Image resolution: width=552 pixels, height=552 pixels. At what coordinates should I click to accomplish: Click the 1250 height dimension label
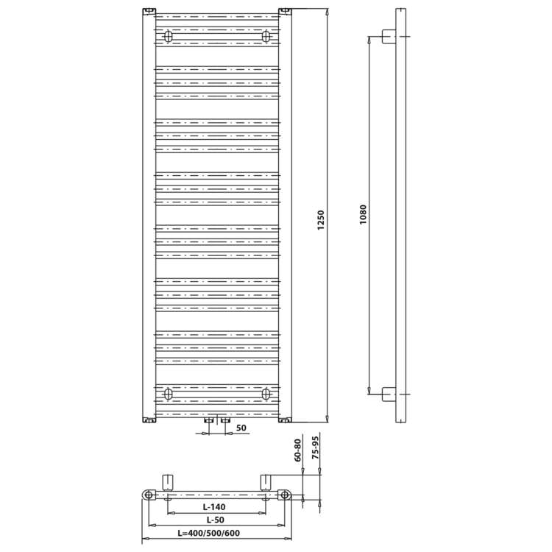[321, 220]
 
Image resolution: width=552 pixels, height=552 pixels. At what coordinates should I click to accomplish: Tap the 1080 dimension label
[363, 215]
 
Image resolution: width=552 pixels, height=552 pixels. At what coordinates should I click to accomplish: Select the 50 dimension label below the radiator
[241, 428]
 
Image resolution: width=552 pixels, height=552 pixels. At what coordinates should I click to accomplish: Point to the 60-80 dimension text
[298, 450]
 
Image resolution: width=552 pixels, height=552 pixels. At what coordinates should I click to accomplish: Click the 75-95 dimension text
[315, 447]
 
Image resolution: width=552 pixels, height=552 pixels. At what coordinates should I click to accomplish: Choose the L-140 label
[214, 507]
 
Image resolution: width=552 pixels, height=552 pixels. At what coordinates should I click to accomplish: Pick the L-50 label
[215, 520]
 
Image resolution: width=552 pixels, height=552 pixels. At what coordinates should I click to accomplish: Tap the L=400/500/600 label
[209, 534]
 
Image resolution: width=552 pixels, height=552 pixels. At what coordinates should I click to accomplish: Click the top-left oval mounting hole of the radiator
[169, 36]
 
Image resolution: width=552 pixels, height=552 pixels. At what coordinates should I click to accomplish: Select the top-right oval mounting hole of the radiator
[266, 36]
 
